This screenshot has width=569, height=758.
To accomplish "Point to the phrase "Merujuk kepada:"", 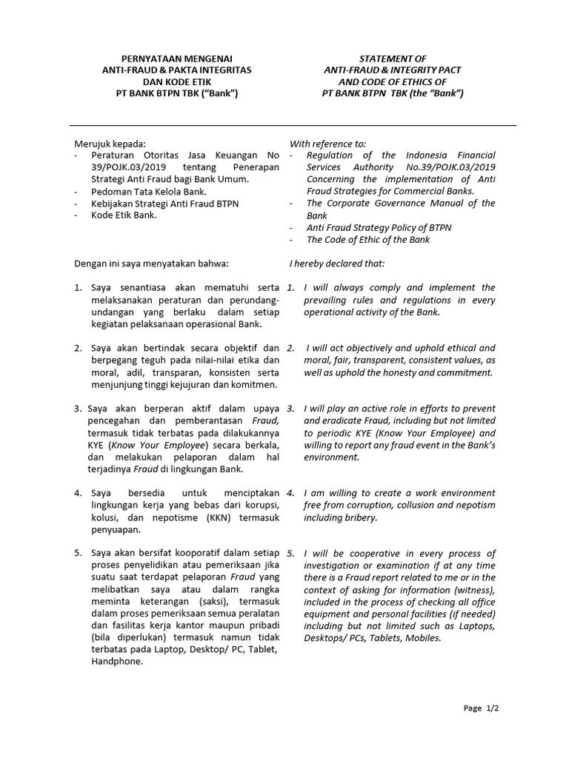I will pyautogui.click(x=110, y=144).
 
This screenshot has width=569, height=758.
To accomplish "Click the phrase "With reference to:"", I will pyautogui.click(x=327, y=144).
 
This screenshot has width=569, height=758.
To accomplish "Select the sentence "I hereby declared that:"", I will pyautogui.click(x=337, y=264).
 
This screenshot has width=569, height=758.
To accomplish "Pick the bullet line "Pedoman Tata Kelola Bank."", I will pyautogui.click(x=148, y=192).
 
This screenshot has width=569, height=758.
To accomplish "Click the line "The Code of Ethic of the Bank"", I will pyautogui.click(x=367, y=239).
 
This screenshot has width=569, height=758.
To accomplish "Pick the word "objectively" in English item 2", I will pyautogui.click(x=363, y=348).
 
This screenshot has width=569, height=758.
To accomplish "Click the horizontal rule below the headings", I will pyautogui.click(x=293, y=126).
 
